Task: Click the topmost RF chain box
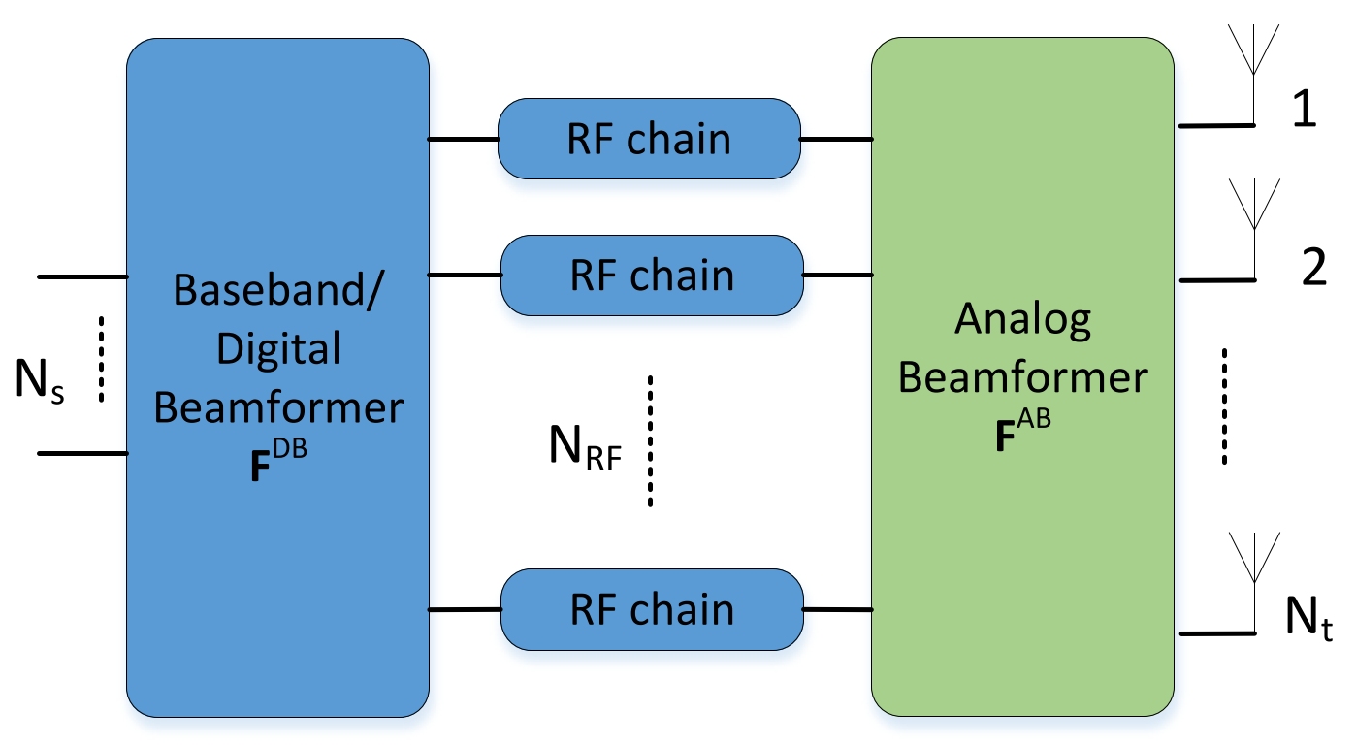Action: (x=649, y=139)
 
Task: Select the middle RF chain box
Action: (x=652, y=276)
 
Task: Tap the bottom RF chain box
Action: (x=652, y=610)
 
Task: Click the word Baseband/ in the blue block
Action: (x=278, y=289)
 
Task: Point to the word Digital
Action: (x=278, y=349)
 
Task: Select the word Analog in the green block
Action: (x=1023, y=320)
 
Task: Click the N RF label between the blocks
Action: (x=585, y=447)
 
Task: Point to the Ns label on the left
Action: (x=40, y=379)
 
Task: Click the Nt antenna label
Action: (x=1308, y=618)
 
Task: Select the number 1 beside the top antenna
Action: (x=1305, y=108)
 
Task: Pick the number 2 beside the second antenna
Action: (x=1313, y=267)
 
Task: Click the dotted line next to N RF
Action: (x=650, y=440)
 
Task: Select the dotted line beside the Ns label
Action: (x=101, y=359)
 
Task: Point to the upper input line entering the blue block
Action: (x=83, y=276)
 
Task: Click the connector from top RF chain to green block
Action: (x=836, y=140)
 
